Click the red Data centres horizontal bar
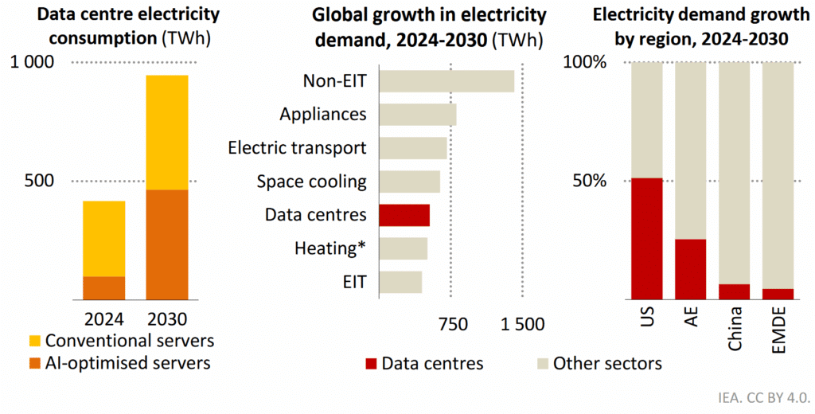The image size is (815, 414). pos(404,216)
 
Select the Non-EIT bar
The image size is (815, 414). pos(446,81)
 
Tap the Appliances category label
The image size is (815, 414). pos(322,115)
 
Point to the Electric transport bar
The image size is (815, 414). pos(413,148)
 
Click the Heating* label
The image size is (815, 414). pos(330,248)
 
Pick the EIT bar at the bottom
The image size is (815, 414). pos(400,283)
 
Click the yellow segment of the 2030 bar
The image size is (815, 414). pos(166,132)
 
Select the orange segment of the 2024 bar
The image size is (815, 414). pos(104,287)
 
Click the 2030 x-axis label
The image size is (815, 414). pos(167,320)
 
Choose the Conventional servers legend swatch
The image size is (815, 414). pos(32,341)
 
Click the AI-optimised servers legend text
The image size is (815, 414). pos(127,363)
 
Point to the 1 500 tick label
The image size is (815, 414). pos(522,324)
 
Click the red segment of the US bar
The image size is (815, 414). pos(646,238)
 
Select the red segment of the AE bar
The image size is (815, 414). pos(690,268)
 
